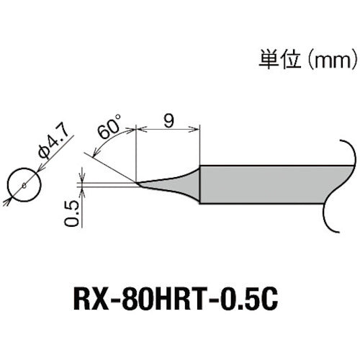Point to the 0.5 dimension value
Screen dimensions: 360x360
[x=71, y=214]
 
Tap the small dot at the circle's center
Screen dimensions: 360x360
[x=24, y=186]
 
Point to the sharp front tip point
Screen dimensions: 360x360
[x=136, y=183]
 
